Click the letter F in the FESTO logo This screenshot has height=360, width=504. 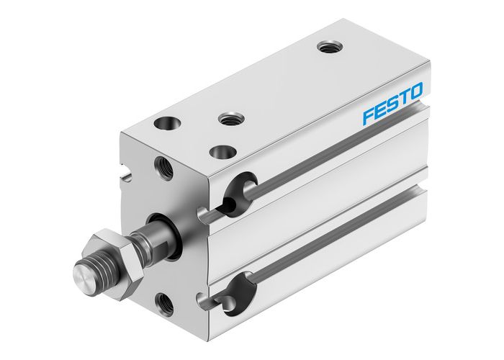click(369, 115)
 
